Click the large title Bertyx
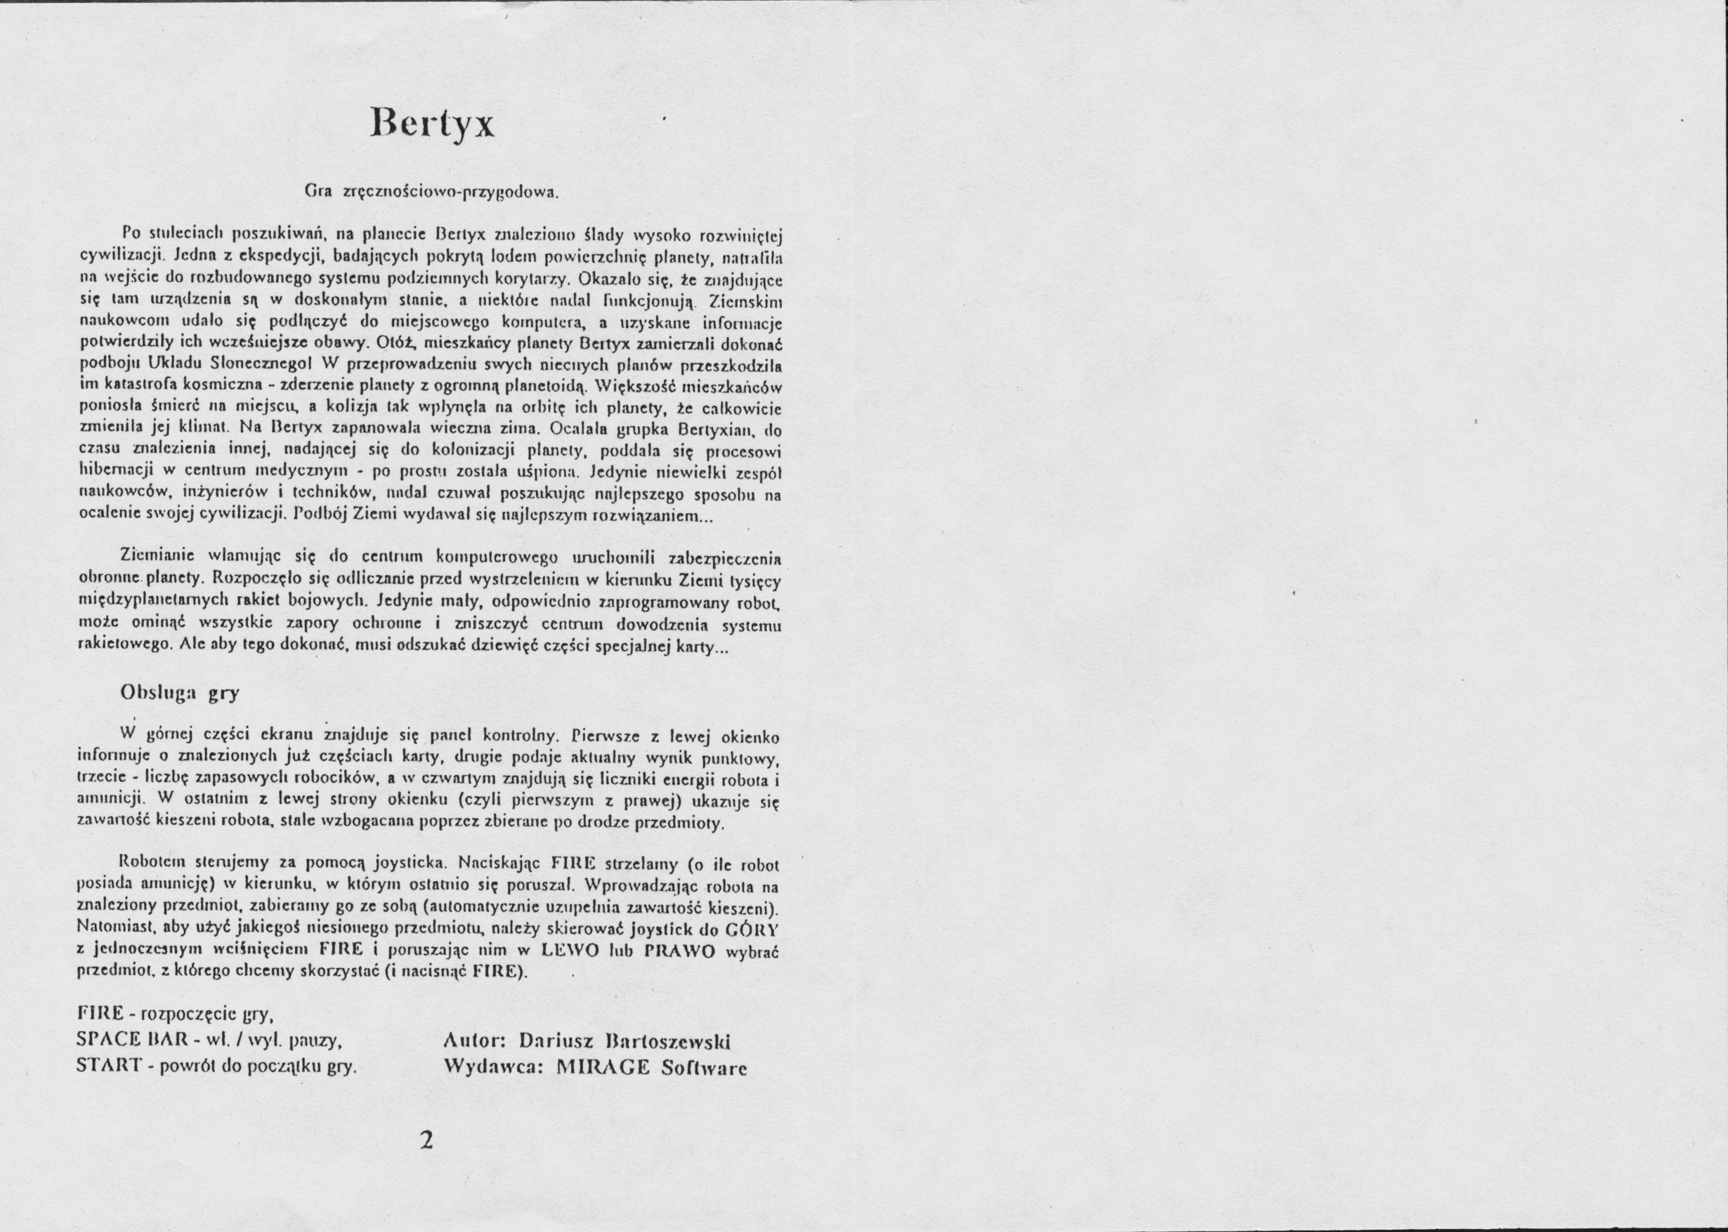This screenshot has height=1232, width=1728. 432,122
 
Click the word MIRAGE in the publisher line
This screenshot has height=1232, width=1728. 603,1066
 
